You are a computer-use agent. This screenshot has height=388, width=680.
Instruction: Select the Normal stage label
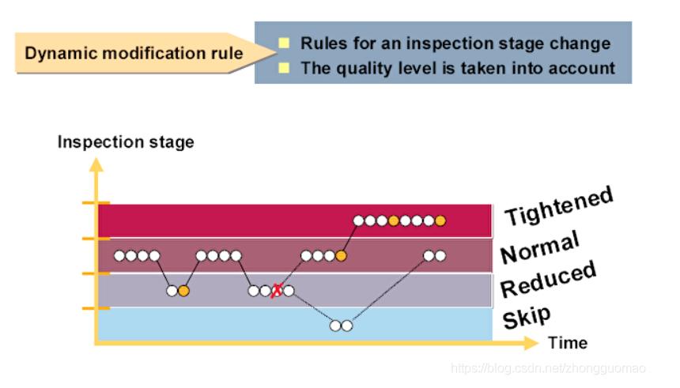(x=540, y=247)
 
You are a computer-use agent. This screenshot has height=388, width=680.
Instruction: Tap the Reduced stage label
(x=548, y=279)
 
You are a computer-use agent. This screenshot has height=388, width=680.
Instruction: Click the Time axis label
(x=568, y=343)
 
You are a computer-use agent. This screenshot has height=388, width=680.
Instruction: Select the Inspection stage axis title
(x=126, y=142)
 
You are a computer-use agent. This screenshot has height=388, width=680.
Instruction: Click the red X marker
(x=277, y=291)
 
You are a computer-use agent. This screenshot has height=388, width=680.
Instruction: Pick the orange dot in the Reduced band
(x=183, y=291)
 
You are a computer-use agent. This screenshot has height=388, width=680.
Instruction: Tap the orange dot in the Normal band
(x=341, y=255)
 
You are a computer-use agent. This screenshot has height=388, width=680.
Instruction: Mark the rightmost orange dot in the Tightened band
(x=440, y=220)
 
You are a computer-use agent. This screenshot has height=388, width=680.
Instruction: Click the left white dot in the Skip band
(x=335, y=326)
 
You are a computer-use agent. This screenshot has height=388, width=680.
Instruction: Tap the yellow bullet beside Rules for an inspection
(x=284, y=43)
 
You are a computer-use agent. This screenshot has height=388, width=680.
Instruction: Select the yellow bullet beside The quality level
(x=284, y=67)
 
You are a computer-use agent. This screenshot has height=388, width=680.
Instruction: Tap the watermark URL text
(x=548, y=368)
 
